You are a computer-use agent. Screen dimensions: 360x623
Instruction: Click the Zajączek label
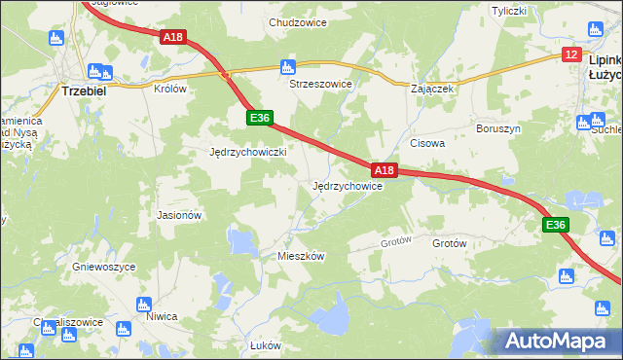tap(433, 89)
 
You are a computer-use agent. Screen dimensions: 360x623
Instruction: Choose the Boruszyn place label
tap(496, 128)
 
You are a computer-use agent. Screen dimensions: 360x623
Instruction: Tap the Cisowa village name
tap(427, 142)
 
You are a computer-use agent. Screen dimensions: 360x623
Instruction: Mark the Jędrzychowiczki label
tap(247, 153)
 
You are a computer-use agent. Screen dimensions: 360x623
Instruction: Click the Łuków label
tap(265, 346)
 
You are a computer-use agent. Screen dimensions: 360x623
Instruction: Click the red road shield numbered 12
tap(570, 54)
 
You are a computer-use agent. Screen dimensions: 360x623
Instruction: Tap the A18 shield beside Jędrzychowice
tap(385, 170)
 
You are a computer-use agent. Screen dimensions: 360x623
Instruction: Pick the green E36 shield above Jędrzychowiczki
tap(258, 118)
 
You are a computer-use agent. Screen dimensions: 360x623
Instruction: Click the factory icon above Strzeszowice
tap(287, 67)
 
